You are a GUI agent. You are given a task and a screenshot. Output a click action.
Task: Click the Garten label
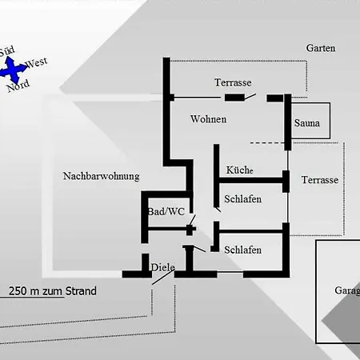[320, 48]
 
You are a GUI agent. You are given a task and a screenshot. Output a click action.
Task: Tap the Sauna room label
[307, 123]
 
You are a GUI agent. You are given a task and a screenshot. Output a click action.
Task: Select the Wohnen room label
[208, 119]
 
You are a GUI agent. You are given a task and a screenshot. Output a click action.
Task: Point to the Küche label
[239, 170]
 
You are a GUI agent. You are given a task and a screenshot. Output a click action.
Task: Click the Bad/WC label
[166, 211]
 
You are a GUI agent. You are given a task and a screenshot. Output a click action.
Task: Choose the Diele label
[162, 267]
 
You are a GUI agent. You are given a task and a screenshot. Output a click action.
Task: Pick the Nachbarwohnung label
[101, 176]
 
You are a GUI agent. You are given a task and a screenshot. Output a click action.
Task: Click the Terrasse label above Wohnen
[233, 82]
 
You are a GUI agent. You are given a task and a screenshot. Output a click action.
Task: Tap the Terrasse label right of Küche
[320, 180]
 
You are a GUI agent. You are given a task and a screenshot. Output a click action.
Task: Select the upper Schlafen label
[243, 199]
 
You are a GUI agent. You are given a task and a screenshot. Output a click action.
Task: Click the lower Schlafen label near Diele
[243, 250]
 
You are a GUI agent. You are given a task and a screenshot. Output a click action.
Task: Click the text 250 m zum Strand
[53, 291]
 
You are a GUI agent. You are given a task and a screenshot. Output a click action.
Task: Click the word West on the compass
[36, 62]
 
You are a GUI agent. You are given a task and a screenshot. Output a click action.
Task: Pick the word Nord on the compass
[18, 86]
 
